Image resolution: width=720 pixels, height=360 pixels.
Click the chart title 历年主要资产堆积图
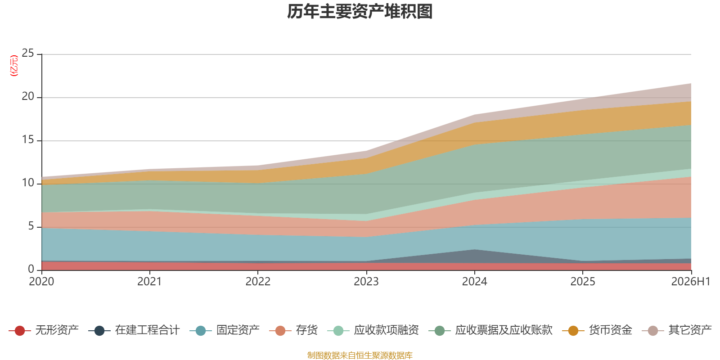(360, 12)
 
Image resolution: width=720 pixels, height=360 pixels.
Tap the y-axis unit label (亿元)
(14, 66)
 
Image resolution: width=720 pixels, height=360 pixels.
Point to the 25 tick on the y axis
(28, 53)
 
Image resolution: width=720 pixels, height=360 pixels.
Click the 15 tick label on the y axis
(28, 139)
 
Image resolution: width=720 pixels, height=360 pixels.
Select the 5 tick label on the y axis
(31, 226)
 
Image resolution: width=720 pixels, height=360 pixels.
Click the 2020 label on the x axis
(41, 282)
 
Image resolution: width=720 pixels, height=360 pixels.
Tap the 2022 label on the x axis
(258, 282)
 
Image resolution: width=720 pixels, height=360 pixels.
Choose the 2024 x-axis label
(474, 282)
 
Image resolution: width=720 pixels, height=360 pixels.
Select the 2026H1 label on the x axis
(691, 282)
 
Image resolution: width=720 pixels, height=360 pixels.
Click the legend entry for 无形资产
(44, 330)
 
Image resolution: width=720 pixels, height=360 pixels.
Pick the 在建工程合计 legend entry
(134, 330)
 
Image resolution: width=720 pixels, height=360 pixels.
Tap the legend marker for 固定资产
(201, 330)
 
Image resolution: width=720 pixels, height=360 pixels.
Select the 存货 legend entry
(293, 330)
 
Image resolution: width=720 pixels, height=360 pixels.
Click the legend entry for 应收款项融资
(373, 330)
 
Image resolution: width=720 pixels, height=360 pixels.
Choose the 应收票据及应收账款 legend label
(504, 330)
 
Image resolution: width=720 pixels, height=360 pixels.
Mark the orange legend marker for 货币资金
(573, 330)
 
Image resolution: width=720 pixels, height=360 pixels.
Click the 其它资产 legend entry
(677, 330)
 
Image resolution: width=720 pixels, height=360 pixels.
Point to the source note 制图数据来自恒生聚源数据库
(360, 355)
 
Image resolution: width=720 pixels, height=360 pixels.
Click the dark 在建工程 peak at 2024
(474, 250)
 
